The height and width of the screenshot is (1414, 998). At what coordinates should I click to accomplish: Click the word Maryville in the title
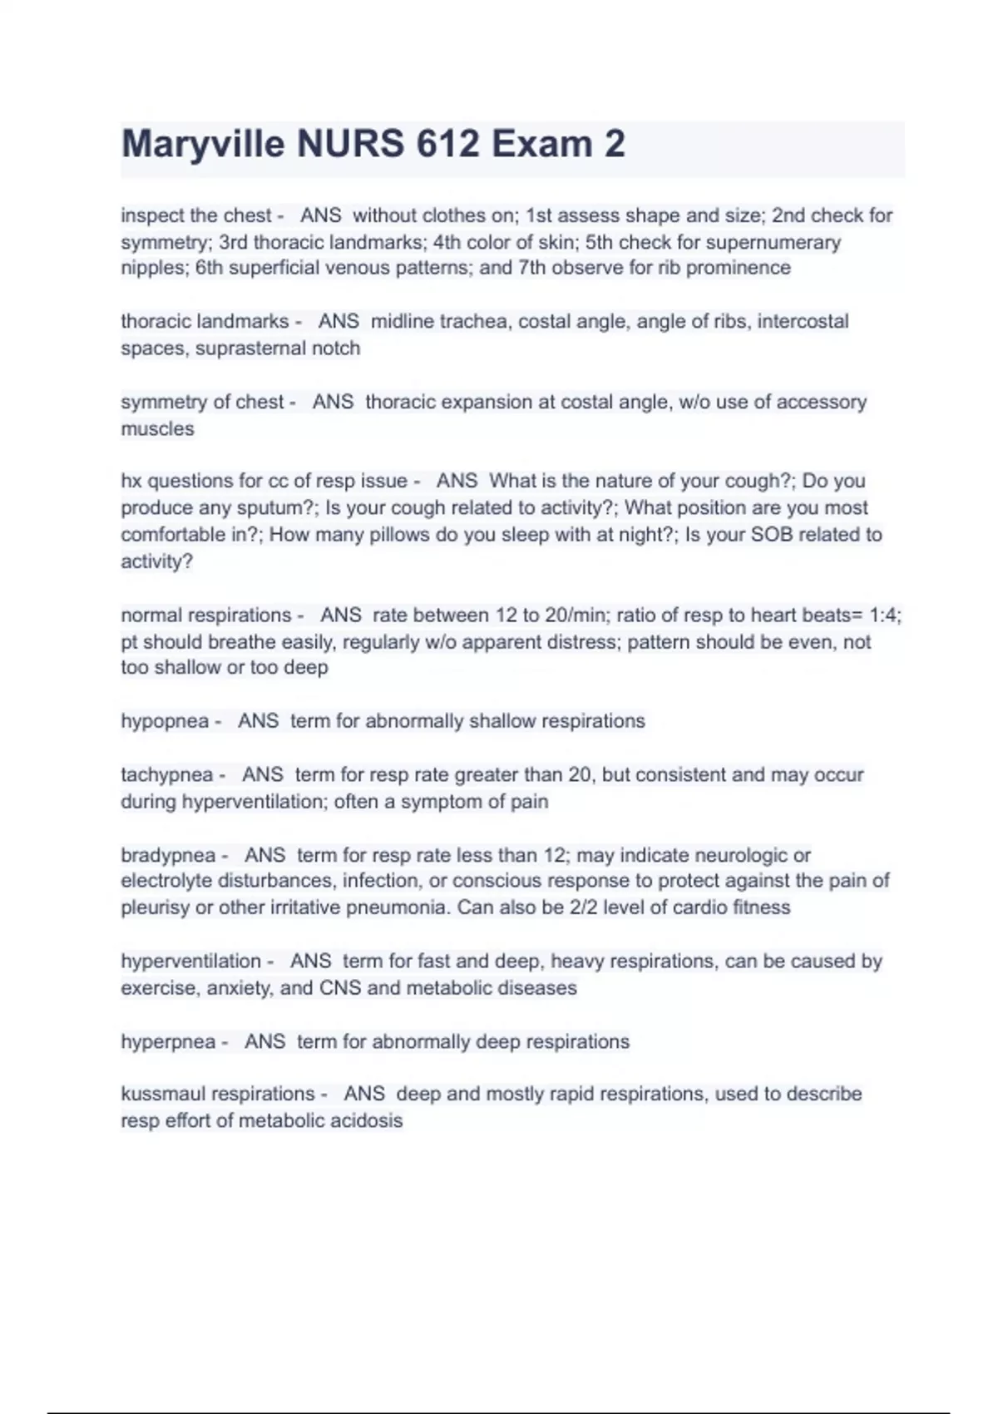pos(203,145)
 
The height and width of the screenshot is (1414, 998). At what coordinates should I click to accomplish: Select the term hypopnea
pos(165,721)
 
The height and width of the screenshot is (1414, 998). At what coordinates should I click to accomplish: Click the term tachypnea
pos(167,775)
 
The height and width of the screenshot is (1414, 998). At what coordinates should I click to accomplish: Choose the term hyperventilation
pos(191,962)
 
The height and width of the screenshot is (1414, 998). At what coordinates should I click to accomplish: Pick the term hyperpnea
pos(168,1042)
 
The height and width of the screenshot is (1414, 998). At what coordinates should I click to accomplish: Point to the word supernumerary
pos(773,243)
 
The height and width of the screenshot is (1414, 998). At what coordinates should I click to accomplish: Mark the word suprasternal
pos(250,349)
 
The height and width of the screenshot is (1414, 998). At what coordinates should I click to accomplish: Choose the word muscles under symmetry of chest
pos(157,429)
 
